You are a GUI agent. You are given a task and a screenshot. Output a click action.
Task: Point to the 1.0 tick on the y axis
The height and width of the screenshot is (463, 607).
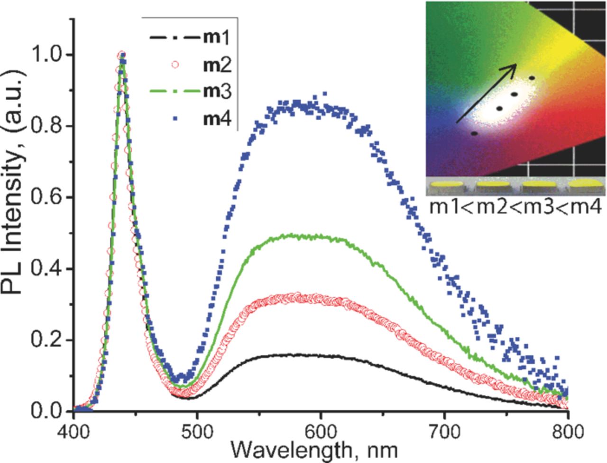click(46, 55)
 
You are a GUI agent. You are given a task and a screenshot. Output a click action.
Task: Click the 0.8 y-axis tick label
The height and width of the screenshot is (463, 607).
click(46, 126)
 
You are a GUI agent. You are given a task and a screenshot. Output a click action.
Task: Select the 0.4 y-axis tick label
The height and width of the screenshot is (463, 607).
click(46, 269)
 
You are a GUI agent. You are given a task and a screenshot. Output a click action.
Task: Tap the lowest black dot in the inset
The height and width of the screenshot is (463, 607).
click(474, 133)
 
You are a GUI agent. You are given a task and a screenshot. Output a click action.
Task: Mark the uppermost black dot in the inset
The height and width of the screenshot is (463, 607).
click(532, 78)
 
